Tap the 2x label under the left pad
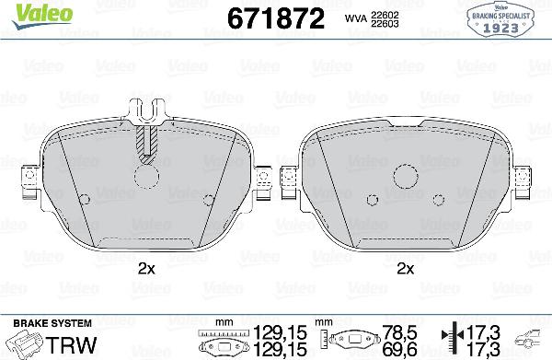145,268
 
